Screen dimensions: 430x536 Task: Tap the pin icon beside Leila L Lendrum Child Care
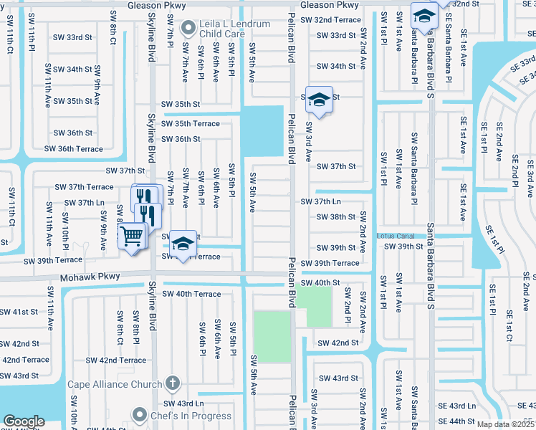click(x=189, y=29)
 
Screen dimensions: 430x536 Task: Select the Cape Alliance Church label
click(x=115, y=384)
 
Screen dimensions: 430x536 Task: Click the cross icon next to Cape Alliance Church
click(x=171, y=383)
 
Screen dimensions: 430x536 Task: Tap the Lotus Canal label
click(x=396, y=235)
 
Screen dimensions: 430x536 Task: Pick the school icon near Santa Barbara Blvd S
click(x=424, y=16)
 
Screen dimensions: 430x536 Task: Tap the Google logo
click(x=24, y=421)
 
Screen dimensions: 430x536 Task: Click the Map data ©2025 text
click(x=504, y=424)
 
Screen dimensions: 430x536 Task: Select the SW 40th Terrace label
click(x=191, y=294)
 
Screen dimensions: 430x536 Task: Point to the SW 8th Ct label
click(x=113, y=28)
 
